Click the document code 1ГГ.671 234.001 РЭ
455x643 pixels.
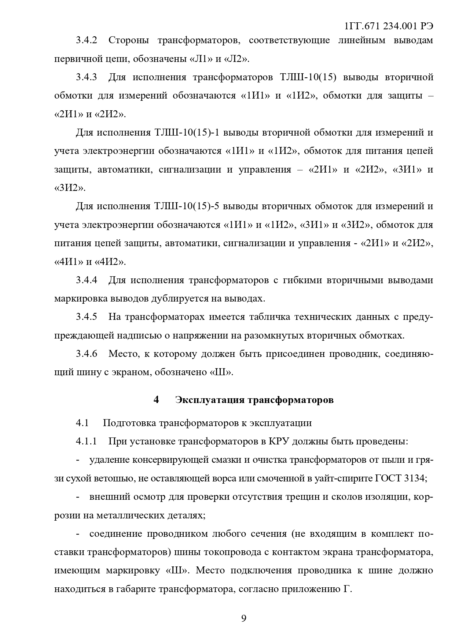click(x=389, y=26)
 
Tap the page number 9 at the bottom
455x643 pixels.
click(x=244, y=619)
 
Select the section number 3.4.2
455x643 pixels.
click(x=87, y=40)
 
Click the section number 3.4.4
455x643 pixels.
click(x=87, y=280)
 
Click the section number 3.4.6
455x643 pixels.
click(x=87, y=354)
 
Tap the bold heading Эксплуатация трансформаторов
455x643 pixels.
click(x=254, y=400)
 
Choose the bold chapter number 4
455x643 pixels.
click(x=156, y=400)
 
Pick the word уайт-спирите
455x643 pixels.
click(x=346, y=478)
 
